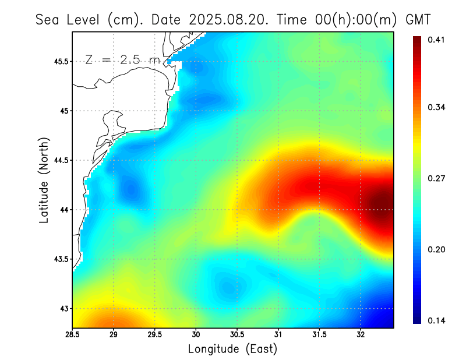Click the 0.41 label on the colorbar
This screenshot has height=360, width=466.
coord(437,40)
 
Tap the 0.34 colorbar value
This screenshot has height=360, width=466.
coord(437,108)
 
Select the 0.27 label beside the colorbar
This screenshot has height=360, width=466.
coord(437,179)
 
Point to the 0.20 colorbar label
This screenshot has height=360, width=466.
coord(437,250)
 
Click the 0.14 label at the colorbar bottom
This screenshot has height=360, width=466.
coord(437,321)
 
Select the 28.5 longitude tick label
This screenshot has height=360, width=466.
coord(73,335)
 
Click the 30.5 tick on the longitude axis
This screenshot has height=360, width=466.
coord(237,335)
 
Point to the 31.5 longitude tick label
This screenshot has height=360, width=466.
coord(319,335)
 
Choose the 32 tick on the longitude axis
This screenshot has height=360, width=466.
coord(361,335)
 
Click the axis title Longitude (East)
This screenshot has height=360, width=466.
coord(232,349)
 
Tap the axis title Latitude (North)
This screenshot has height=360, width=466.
coord(44,181)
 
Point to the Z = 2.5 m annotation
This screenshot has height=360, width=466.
coord(122,60)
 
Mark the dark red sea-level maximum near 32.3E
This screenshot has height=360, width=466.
coord(382,204)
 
